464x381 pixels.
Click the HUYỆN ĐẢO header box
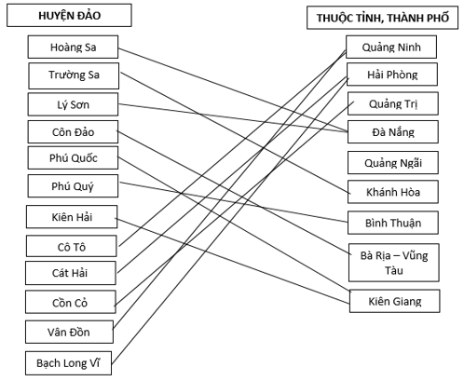[69, 15]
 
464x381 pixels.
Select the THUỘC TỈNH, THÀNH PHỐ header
[382, 18]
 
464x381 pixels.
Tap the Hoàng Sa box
[73, 47]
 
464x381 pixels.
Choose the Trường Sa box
[74, 75]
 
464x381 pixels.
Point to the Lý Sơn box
[73, 104]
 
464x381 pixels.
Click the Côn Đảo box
[73, 132]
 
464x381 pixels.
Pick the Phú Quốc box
[73, 158]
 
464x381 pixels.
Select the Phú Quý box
[73, 186]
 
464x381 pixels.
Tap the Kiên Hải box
[72, 217]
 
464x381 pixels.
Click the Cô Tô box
[72, 246]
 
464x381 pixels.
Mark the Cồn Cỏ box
[71, 302]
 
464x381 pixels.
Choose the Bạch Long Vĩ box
[68, 363]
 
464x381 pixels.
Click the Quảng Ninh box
[391, 47]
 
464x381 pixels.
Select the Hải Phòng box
[392, 75]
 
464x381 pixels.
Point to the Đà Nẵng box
[393, 132]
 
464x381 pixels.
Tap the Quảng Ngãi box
[393, 163]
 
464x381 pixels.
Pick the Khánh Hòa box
[393, 192]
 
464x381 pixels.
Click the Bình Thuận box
[393, 223]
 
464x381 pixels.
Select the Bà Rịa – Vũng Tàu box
[394, 263]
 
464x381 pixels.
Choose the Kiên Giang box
[395, 301]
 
